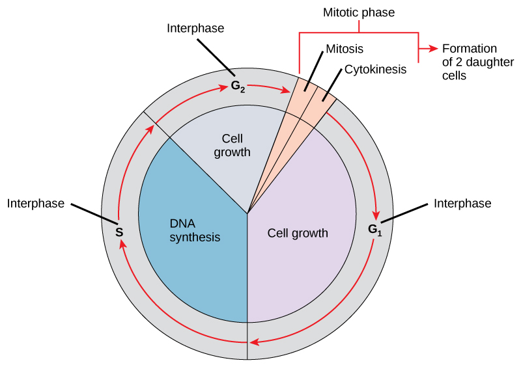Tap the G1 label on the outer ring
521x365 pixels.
click(375, 230)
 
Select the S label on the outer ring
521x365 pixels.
click(119, 232)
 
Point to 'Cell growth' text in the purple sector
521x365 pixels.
click(298, 233)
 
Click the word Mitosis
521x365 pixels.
click(344, 49)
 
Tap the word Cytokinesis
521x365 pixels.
click(375, 68)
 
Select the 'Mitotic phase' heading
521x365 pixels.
click(359, 12)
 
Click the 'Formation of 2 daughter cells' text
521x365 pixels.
click(470, 62)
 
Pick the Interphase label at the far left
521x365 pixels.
click(36, 204)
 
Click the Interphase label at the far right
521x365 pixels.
click(462, 204)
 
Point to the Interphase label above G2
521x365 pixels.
click(195, 28)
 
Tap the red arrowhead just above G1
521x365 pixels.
click(376, 215)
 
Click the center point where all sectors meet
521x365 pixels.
click(247, 213)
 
